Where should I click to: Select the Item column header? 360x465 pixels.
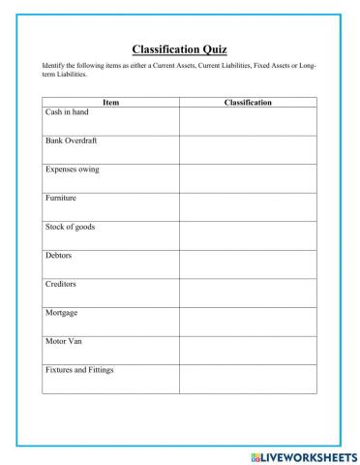(110, 102)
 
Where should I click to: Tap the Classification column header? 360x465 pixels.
(248, 102)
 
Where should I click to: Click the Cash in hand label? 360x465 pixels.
(67, 112)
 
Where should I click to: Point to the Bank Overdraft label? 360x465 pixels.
(72, 140)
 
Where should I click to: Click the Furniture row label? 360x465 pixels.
(61, 198)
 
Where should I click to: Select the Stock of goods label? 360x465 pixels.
(70, 227)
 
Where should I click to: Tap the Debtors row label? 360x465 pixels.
(59, 256)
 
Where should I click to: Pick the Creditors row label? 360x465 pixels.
(61, 284)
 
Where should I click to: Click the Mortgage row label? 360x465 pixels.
(61, 313)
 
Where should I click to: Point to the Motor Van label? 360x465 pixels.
(63, 341)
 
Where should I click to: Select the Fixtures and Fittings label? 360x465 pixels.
(80, 370)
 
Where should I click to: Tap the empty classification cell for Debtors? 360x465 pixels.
(248, 264)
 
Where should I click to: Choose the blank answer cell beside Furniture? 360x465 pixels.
(248, 206)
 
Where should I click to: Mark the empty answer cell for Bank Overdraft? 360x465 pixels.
(248, 149)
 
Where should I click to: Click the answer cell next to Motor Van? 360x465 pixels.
(248, 350)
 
